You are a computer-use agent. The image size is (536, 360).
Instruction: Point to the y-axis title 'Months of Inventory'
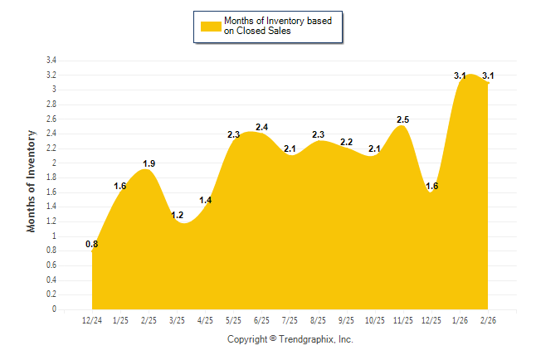[x=32, y=180]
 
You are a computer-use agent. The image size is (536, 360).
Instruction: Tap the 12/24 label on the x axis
[x=92, y=320]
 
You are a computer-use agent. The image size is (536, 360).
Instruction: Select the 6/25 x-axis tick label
[x=261, y=320]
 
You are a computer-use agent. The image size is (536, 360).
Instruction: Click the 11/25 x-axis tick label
[x=402, y=320]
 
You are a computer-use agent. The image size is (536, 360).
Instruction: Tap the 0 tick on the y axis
[x=54, y=309]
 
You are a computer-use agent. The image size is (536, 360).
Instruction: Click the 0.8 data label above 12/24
[x=92, y=244]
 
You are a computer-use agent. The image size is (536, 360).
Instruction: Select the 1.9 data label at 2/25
[x=149, y=163]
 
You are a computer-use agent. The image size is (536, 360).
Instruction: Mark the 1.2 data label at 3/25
[x=177, y=215]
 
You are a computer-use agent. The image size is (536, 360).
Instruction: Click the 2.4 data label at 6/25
[x=261, y=127]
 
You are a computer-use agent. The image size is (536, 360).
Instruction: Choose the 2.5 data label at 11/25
[x=402, y=119]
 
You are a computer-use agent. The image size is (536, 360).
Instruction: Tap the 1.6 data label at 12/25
[x=431, y=186]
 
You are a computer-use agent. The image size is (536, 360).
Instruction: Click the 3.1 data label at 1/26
[x=460, y=75]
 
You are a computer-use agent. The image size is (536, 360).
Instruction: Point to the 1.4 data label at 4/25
[x=206, y=200]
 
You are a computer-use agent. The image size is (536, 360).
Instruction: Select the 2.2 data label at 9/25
[x=346, y=142]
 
